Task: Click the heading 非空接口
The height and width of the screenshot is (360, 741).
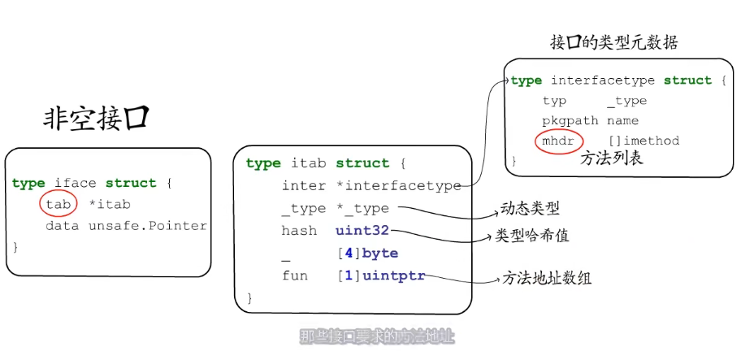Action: (x=96, y=119)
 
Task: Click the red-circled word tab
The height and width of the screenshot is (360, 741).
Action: (x=58, y=204)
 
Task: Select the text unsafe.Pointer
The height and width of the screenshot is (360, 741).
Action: (x=148, y=226)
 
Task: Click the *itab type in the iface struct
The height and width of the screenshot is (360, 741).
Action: (x=109, y=204)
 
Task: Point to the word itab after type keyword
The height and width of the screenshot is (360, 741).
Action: (x=308, y=163)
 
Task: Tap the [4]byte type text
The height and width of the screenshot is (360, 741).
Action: (x=367, y=254)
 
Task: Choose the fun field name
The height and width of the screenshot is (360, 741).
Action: (x=294, y=275)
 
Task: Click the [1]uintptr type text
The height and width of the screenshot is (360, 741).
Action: (x=380, y=275)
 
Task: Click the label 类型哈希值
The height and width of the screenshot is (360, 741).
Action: (x=532, y=236)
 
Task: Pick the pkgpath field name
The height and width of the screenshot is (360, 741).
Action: (x=570, y=120)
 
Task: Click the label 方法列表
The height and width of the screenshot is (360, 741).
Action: (x=611, y=158)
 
